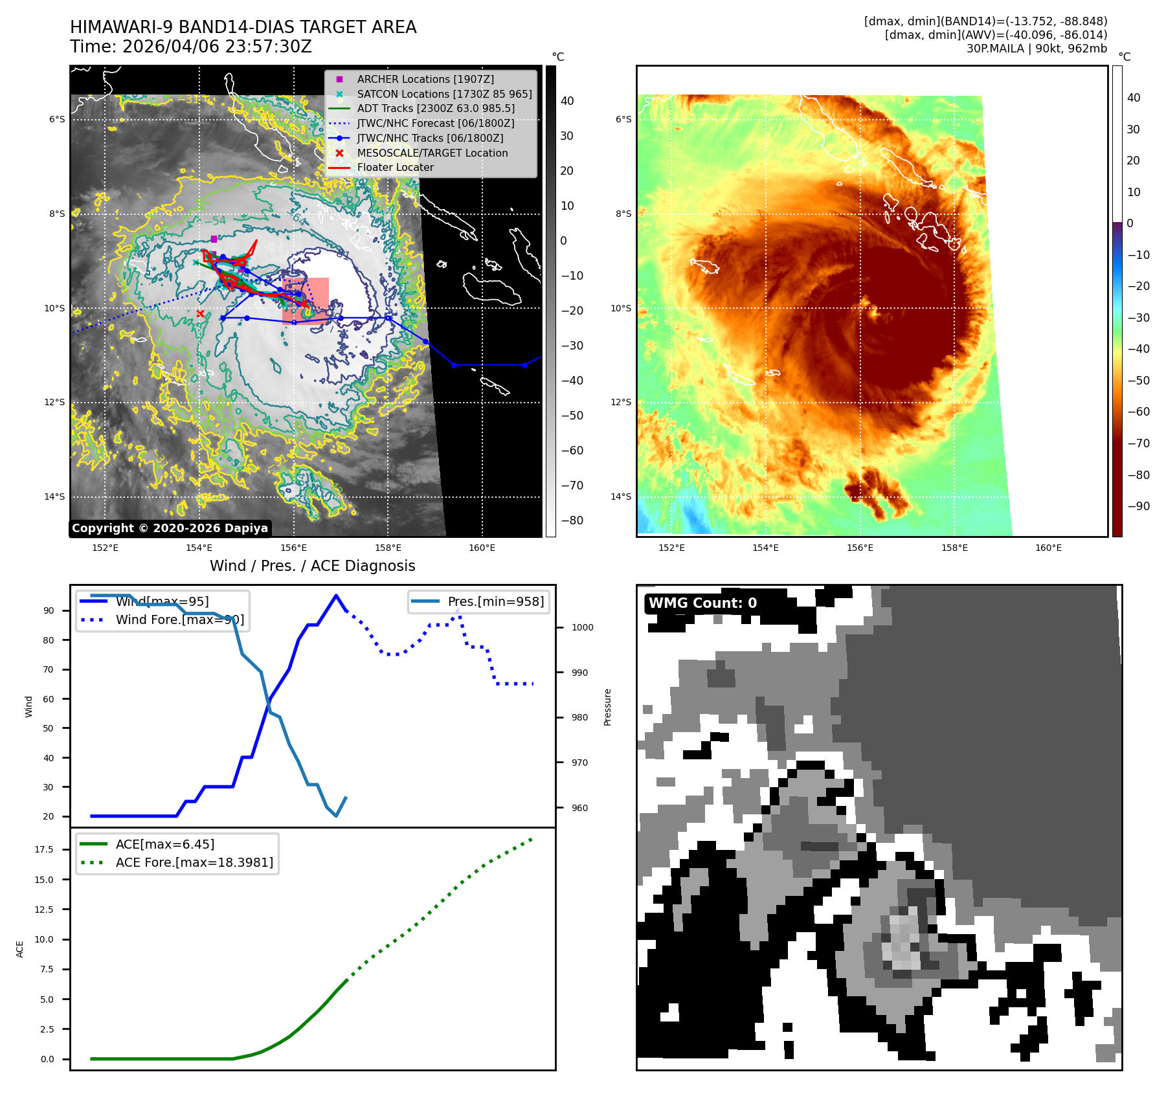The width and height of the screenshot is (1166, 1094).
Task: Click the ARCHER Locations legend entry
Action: (425, 79)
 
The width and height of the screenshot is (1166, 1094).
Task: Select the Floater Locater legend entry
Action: (395, 167)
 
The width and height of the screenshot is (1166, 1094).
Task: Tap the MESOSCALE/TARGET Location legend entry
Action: (432, 153)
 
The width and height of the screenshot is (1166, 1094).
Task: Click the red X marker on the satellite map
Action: (200, 314)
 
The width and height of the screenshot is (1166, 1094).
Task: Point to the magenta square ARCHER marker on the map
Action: (214, 239)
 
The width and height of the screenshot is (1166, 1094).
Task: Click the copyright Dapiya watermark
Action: (170, 528)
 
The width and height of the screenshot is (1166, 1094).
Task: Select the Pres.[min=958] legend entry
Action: (495, 601)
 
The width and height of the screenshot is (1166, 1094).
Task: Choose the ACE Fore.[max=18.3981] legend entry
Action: (194, 862)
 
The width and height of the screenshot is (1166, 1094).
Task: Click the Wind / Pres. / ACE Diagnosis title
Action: (312, 566)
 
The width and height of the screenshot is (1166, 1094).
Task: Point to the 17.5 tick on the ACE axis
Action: (44, 849)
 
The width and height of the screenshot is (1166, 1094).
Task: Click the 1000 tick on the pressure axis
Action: (582, 627)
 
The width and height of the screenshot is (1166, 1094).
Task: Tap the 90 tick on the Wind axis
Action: (49, 610)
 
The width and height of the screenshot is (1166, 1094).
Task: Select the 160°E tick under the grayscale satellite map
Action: (482, 548)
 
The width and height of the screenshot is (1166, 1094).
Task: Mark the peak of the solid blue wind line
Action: (335, 596)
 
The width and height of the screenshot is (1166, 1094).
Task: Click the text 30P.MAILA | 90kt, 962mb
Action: (1037, 49)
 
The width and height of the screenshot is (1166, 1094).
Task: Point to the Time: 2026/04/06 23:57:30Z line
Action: (191, 47)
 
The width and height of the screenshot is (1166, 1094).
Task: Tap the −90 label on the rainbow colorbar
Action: (1138, 506)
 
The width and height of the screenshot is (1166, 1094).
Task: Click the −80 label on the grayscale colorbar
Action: (572, 520)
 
